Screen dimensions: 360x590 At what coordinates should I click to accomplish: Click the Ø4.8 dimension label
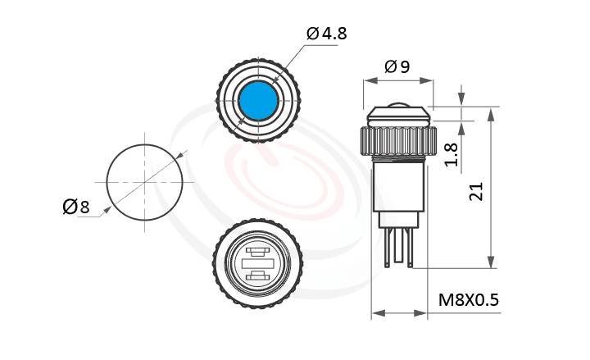click(327, 34)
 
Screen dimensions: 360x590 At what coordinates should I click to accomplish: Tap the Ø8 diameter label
click(76, 207)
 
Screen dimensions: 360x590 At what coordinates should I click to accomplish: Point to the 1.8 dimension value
click(450, 153)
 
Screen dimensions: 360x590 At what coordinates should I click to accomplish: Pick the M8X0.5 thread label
click(469, 300)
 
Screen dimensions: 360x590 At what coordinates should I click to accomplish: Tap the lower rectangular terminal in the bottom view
click(257, 275)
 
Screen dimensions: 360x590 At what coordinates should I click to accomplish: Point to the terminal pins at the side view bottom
click(399, 246)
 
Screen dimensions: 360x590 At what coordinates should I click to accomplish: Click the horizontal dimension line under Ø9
click(399, 81)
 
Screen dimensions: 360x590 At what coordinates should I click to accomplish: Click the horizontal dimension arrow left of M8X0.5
click(402, 312)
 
